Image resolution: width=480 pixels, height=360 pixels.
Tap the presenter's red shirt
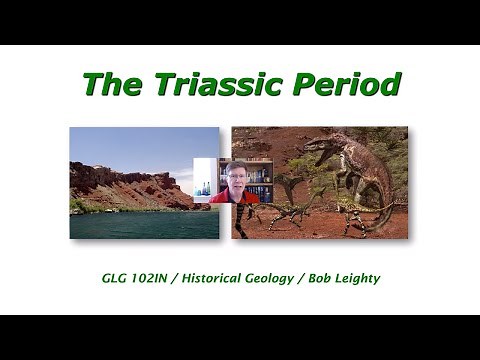[236, 197]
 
